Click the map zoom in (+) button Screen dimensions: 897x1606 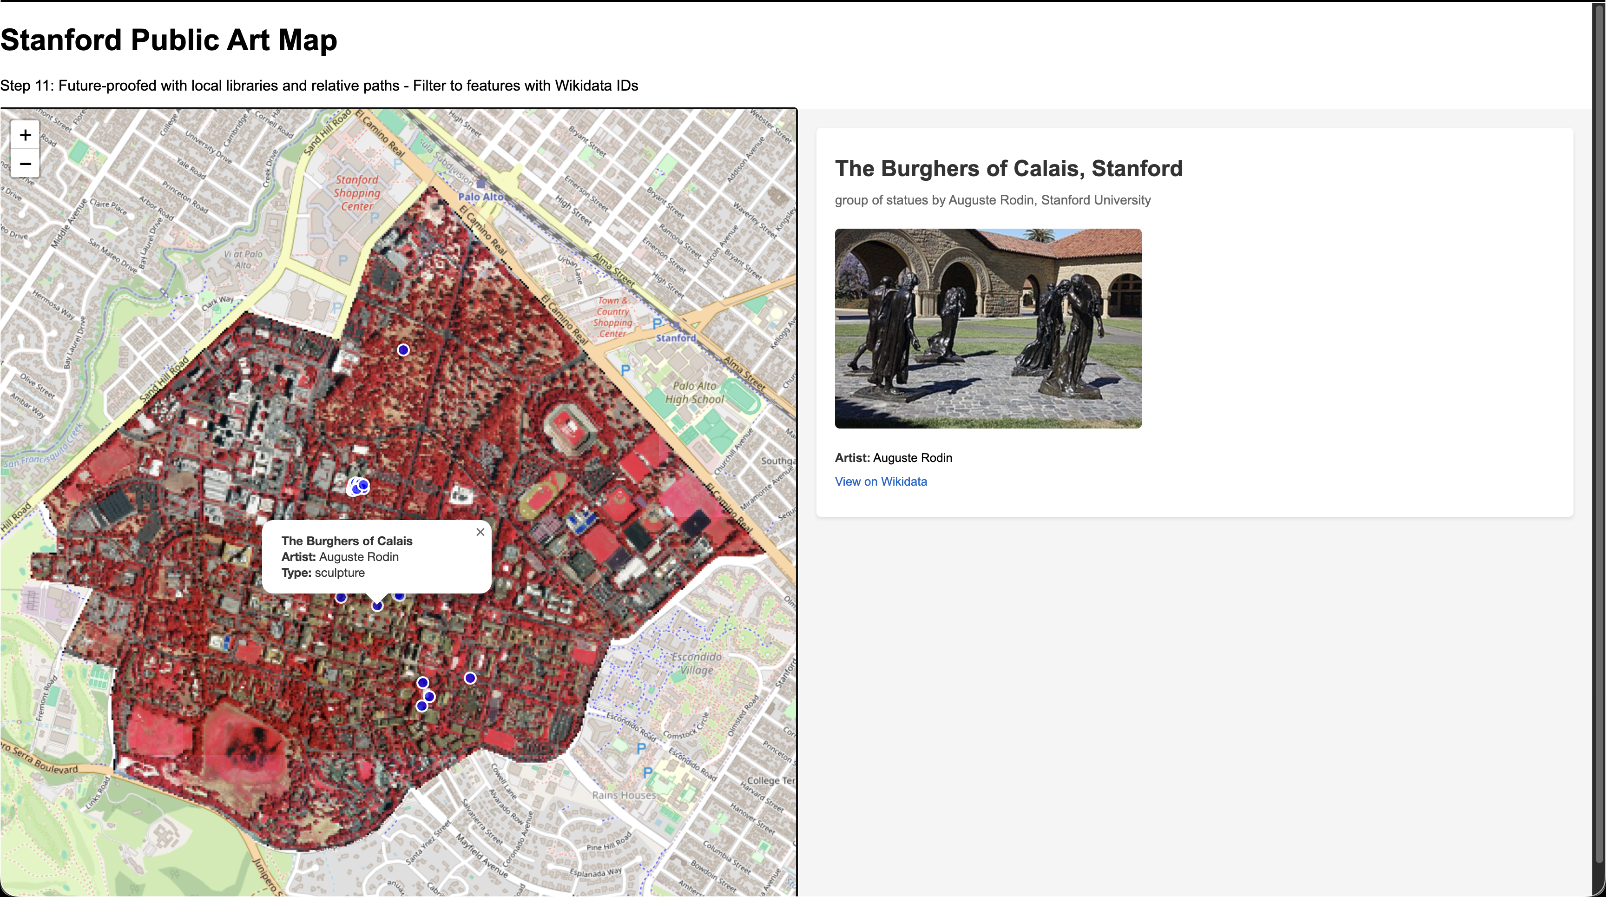click(25, 135)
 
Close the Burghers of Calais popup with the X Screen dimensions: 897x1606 click(480, 532)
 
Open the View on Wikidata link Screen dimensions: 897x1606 click(880, 481)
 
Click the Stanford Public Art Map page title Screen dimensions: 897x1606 click(168, 40)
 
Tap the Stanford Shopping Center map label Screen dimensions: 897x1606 click(356, 192)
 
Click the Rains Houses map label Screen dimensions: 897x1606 click(624, 795)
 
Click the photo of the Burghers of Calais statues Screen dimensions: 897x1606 click(987, 329)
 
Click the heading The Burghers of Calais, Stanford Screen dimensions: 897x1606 click(1008, 168)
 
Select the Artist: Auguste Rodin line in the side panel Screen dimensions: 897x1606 click(893, 457)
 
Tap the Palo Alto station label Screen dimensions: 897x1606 click(480, 196)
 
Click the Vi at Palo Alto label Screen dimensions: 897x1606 click(243, 259)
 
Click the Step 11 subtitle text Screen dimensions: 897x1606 click(319, 86)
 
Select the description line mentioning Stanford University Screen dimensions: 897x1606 click(992, 200)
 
